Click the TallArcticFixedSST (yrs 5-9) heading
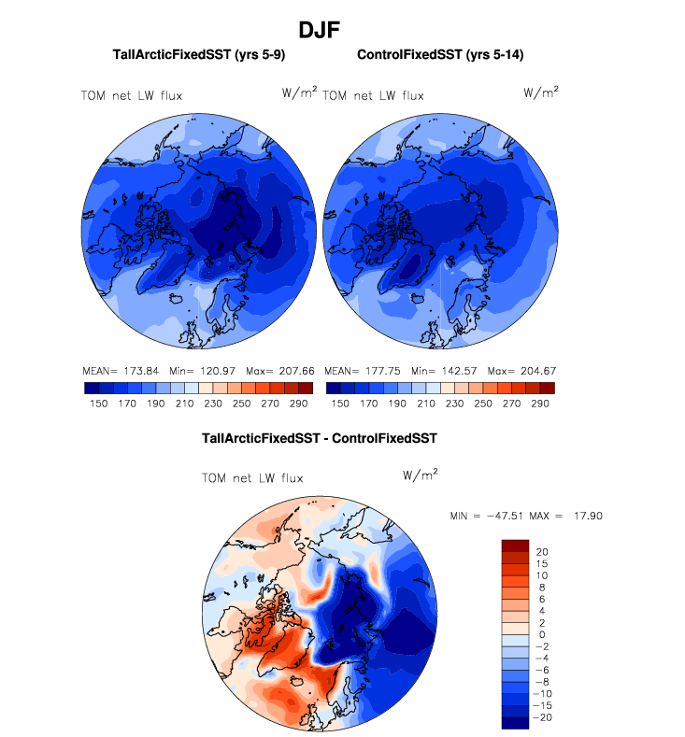(x=198, y=55)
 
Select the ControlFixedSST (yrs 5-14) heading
(x=440, y=55)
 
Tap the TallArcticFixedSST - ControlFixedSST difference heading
(x=320, y=437)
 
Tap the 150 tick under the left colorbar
(x=98, y=404)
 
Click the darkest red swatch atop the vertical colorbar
(x=516, y=545)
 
